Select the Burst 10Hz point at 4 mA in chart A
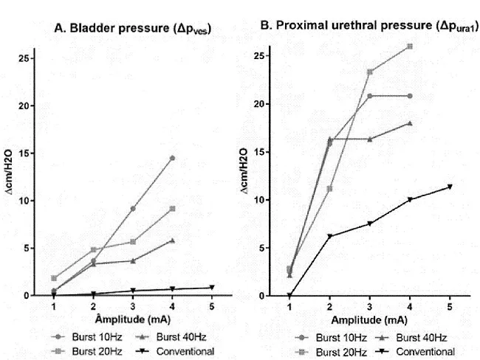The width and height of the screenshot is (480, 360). pyautogui.click(x=172, y=158)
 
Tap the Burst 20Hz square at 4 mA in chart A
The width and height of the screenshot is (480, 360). pyautogui.click(x=172, y=209)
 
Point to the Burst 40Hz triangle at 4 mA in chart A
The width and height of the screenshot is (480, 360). pyautogui.click(x=172, y=240)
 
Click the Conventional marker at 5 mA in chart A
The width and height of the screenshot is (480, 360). pyautogui.click(x=212, y=288)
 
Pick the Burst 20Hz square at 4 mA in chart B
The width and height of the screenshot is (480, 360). pyautogui.click(x=410, y=46)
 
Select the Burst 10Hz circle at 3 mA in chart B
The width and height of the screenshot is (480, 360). pyautogui.click(x=369, y=96)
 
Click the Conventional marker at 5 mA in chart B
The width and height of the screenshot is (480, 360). pyautogui.click(x=450, y=187)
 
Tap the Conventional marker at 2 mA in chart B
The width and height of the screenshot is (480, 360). pyautogui.click(x=329, y=236)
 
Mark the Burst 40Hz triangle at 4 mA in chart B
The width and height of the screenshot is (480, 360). pyautogui.click(x=410, y=123)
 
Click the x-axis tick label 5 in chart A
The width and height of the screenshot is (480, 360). pyautogui.click(x=212, y=305)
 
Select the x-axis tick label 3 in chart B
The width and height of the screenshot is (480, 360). pyautogui.click(x=369, y=306)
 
